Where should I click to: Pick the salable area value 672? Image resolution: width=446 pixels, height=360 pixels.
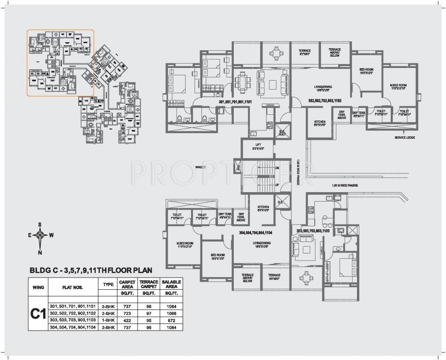point(171,320)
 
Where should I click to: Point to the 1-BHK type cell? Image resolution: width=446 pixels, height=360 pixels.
point(106,320)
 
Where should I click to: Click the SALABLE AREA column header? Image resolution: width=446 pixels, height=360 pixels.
point(171,285)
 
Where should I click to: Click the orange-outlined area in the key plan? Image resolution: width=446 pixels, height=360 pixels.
point(60,63)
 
